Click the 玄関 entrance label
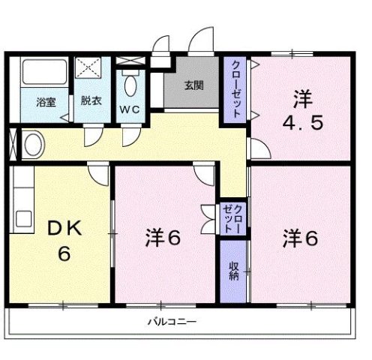(193, 84)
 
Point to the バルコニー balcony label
(171, 322)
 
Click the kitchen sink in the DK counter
(22, 219)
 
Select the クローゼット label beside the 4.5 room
(235, 88)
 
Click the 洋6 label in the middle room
(163, 238)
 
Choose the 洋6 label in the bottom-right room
(301, 238)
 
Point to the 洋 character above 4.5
(301, 97)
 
